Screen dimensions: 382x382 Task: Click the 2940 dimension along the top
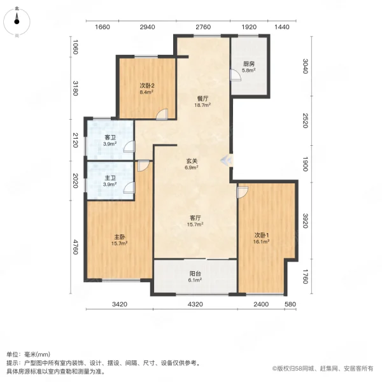pyautogui.click(x=147, y=27)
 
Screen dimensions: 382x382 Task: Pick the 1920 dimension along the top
pyautogui.click(x=249, y=27)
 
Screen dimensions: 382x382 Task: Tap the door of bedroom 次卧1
pyautogui.click(x=242, y=191)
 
